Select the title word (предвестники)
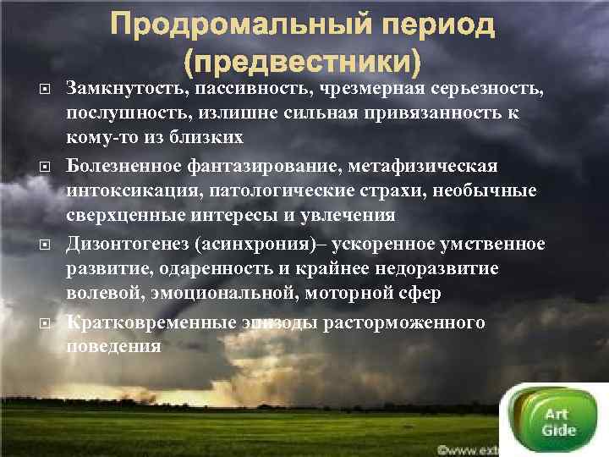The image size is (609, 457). pos(304,61)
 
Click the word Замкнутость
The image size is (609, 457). pos(126,87)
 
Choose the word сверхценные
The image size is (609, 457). pos(124,215)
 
